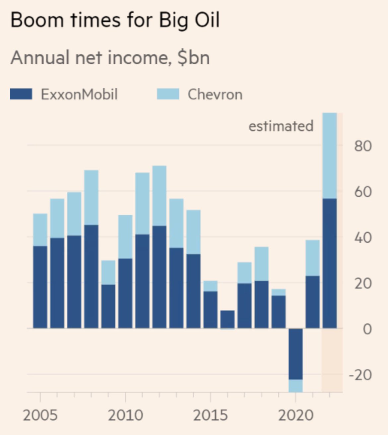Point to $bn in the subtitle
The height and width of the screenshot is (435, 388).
(194, 58)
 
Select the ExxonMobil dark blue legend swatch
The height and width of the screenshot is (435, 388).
(21, 94)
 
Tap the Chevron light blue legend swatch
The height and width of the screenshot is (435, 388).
(168, 94)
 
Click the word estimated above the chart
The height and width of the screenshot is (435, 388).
(281, 126)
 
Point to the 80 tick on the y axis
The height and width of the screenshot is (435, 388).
(362, 146)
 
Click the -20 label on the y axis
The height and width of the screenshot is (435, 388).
(360, 375)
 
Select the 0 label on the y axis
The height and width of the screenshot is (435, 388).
(367, 329)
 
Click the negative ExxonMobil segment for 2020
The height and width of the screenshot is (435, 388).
(295, 354)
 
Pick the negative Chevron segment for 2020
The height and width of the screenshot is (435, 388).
(295, 386)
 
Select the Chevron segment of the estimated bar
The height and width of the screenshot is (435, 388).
(330, 156)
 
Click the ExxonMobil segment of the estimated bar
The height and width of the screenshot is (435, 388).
(330, 264)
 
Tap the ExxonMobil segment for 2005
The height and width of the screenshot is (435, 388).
(40, 287)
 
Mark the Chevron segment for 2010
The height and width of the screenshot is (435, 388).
(125, 237)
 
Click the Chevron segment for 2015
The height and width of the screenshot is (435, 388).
(210, 286)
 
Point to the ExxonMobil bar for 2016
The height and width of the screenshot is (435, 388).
(227, 320)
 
